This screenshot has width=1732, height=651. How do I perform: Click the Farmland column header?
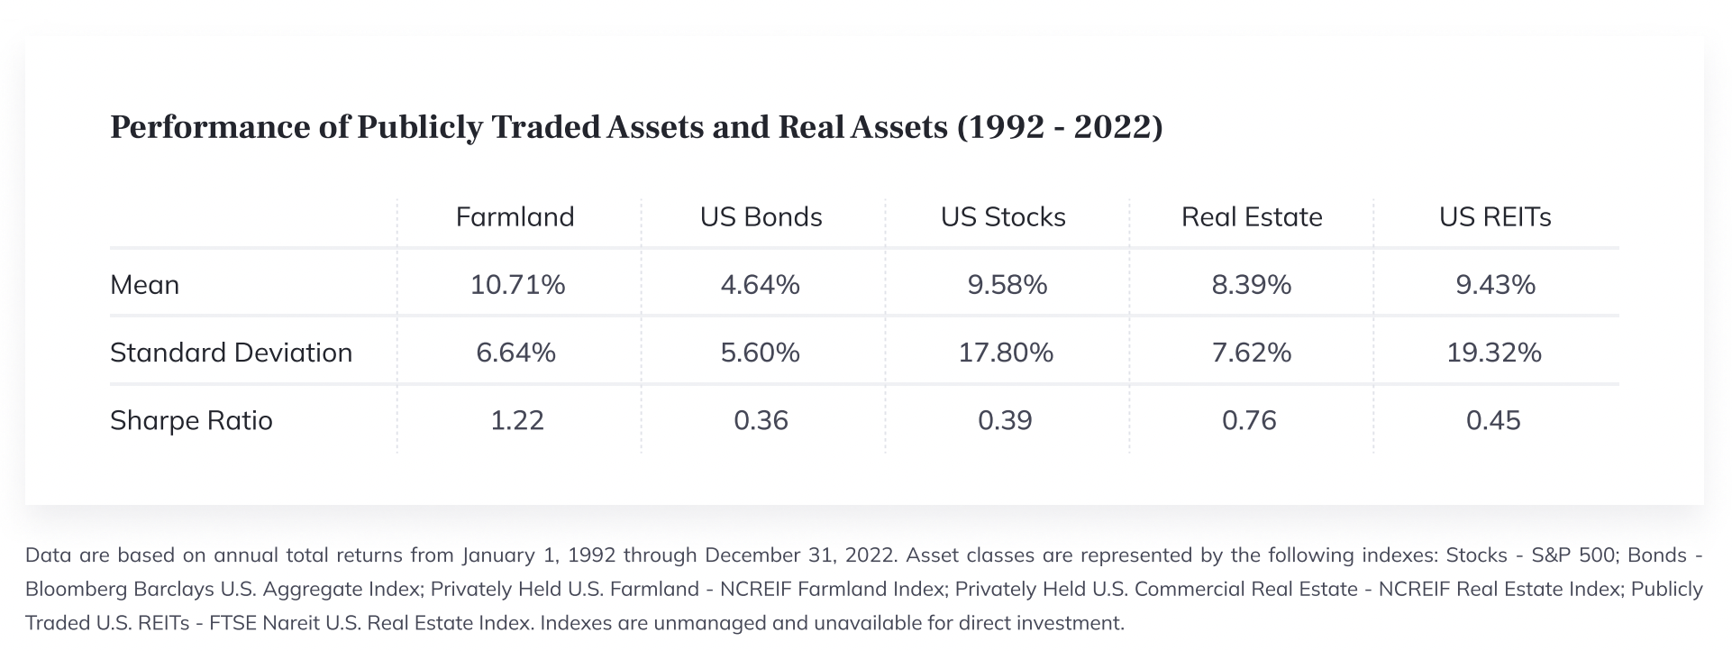[x=515, y=217]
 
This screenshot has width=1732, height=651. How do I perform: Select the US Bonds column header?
[x=761, y=217]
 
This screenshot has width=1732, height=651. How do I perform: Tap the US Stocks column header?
[x=1003, y=217]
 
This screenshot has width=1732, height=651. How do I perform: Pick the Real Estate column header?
[x=1252, y=217]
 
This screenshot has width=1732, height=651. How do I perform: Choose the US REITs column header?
[x=1495, y=217]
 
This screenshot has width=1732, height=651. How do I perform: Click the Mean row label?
[x=144, y=285]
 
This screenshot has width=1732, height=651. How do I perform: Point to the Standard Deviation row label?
[x=231, y=353]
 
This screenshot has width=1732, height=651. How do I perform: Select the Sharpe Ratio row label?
[x=191, y=421]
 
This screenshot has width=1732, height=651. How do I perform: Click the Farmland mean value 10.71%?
[x=517, y=285]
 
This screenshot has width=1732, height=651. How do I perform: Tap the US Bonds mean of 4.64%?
[x=760, y=285]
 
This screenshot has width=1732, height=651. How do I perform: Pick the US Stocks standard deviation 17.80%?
[x=1006, y=353]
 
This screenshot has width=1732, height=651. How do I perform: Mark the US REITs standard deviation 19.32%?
[x=1494, y=353]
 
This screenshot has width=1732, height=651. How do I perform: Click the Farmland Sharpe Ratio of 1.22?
[x=517, y=421]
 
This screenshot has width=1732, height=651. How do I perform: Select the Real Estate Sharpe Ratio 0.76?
[x=1249, y=421]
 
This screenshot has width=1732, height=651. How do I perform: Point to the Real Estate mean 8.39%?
[x=1251, y=285]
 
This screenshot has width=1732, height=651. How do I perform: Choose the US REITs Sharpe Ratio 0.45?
[x=1493, y=421]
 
